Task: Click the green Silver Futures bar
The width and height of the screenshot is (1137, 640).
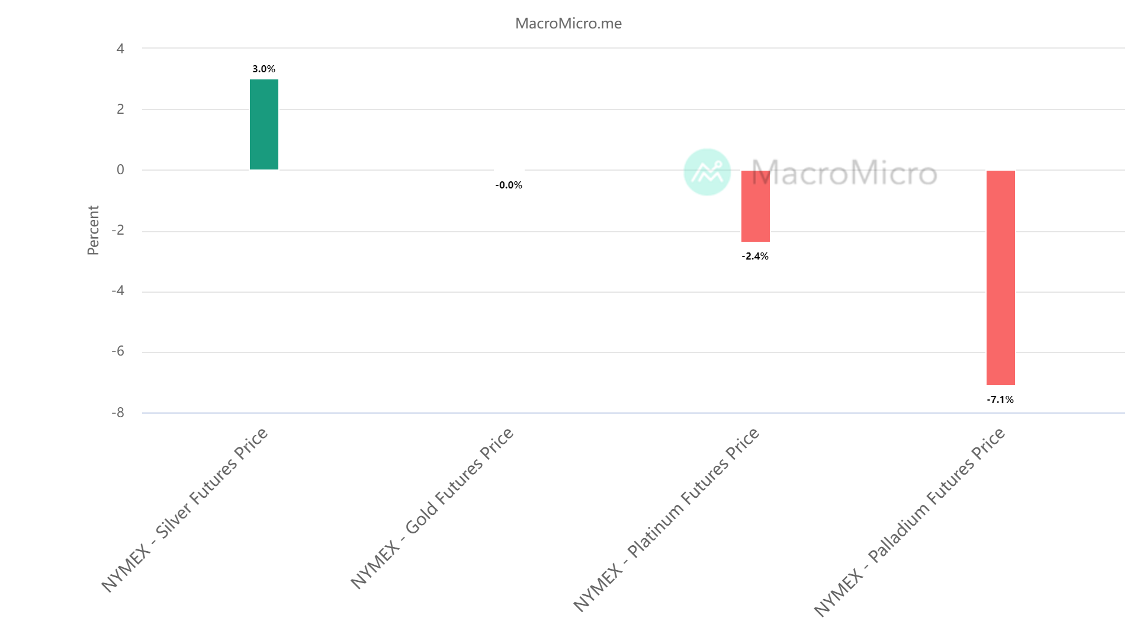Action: pos(264,124)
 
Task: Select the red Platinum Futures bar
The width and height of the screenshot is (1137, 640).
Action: pos(755,206)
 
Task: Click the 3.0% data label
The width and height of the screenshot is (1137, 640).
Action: pos(264,69)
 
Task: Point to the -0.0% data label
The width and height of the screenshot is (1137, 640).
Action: pos(509,185)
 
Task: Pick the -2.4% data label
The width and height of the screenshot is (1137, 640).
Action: pos(755,257)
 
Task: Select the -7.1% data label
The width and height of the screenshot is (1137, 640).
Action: pos(1000,400)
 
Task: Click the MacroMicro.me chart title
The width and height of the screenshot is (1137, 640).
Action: pos(568,24)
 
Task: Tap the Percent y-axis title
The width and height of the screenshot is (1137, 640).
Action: pos(93,231)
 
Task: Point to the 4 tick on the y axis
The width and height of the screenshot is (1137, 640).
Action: pos(120,49)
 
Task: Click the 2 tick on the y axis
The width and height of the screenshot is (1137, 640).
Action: pos(120,109)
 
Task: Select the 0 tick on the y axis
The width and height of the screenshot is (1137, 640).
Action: pos(120,170)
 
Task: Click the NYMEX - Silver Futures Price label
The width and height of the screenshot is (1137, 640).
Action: pos(185,510)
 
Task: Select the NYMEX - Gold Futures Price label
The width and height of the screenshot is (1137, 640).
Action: pos(432,508)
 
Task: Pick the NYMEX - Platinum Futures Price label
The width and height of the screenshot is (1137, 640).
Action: pos(666,520)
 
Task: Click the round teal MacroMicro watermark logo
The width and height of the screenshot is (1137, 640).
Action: pos(707,172)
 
